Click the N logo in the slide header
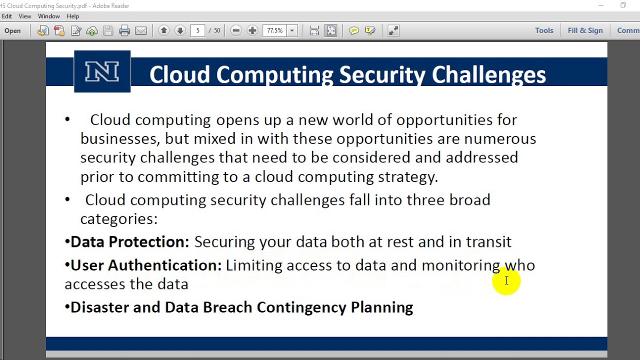102,71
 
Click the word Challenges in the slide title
488,75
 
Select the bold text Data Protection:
130,242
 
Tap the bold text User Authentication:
146,265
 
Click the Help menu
73,16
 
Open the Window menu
49,16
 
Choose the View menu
25,16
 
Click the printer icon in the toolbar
124,31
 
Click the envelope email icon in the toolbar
141,31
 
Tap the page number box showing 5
197,31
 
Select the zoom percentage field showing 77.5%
275,31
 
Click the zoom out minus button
236,31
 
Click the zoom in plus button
252,31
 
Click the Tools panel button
544,30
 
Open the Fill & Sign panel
585,30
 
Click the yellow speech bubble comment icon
354,31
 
